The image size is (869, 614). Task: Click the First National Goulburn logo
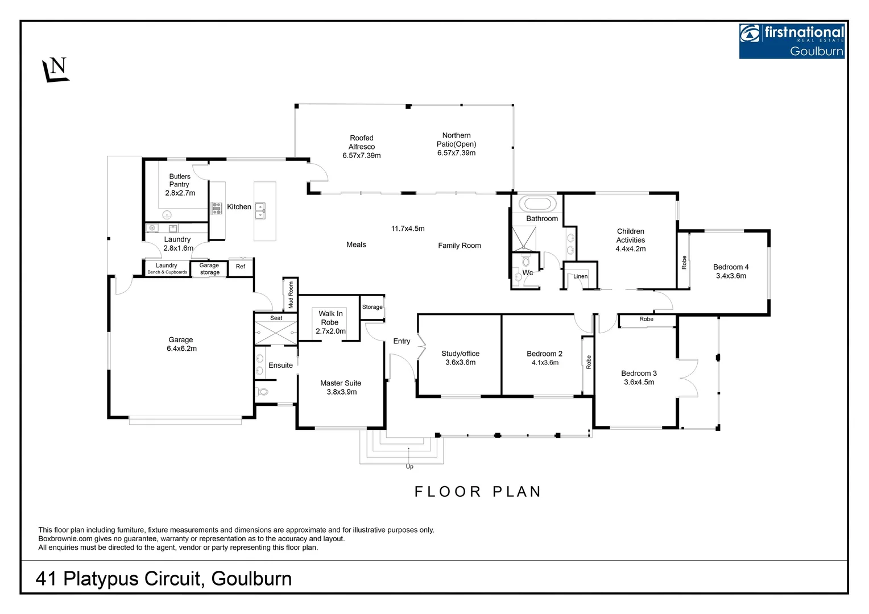791,41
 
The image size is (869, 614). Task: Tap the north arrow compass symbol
56,70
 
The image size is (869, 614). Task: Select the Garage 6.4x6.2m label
181,344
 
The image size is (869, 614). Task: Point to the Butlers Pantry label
180,184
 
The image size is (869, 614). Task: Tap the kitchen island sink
260,210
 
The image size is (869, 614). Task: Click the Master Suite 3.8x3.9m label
341,387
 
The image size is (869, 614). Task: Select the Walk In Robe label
330,322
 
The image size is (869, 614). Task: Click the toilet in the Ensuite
262,392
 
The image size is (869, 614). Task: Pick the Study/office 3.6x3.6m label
460,358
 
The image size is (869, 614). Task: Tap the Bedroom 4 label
731,271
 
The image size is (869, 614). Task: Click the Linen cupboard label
580,276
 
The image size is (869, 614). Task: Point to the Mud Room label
291,294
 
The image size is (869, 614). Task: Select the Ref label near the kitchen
241,266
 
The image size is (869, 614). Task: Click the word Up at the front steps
409,467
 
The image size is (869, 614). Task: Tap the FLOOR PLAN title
478,492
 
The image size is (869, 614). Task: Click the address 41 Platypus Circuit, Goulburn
164,579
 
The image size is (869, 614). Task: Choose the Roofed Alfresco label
362,146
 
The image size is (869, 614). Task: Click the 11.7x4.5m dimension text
408,229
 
